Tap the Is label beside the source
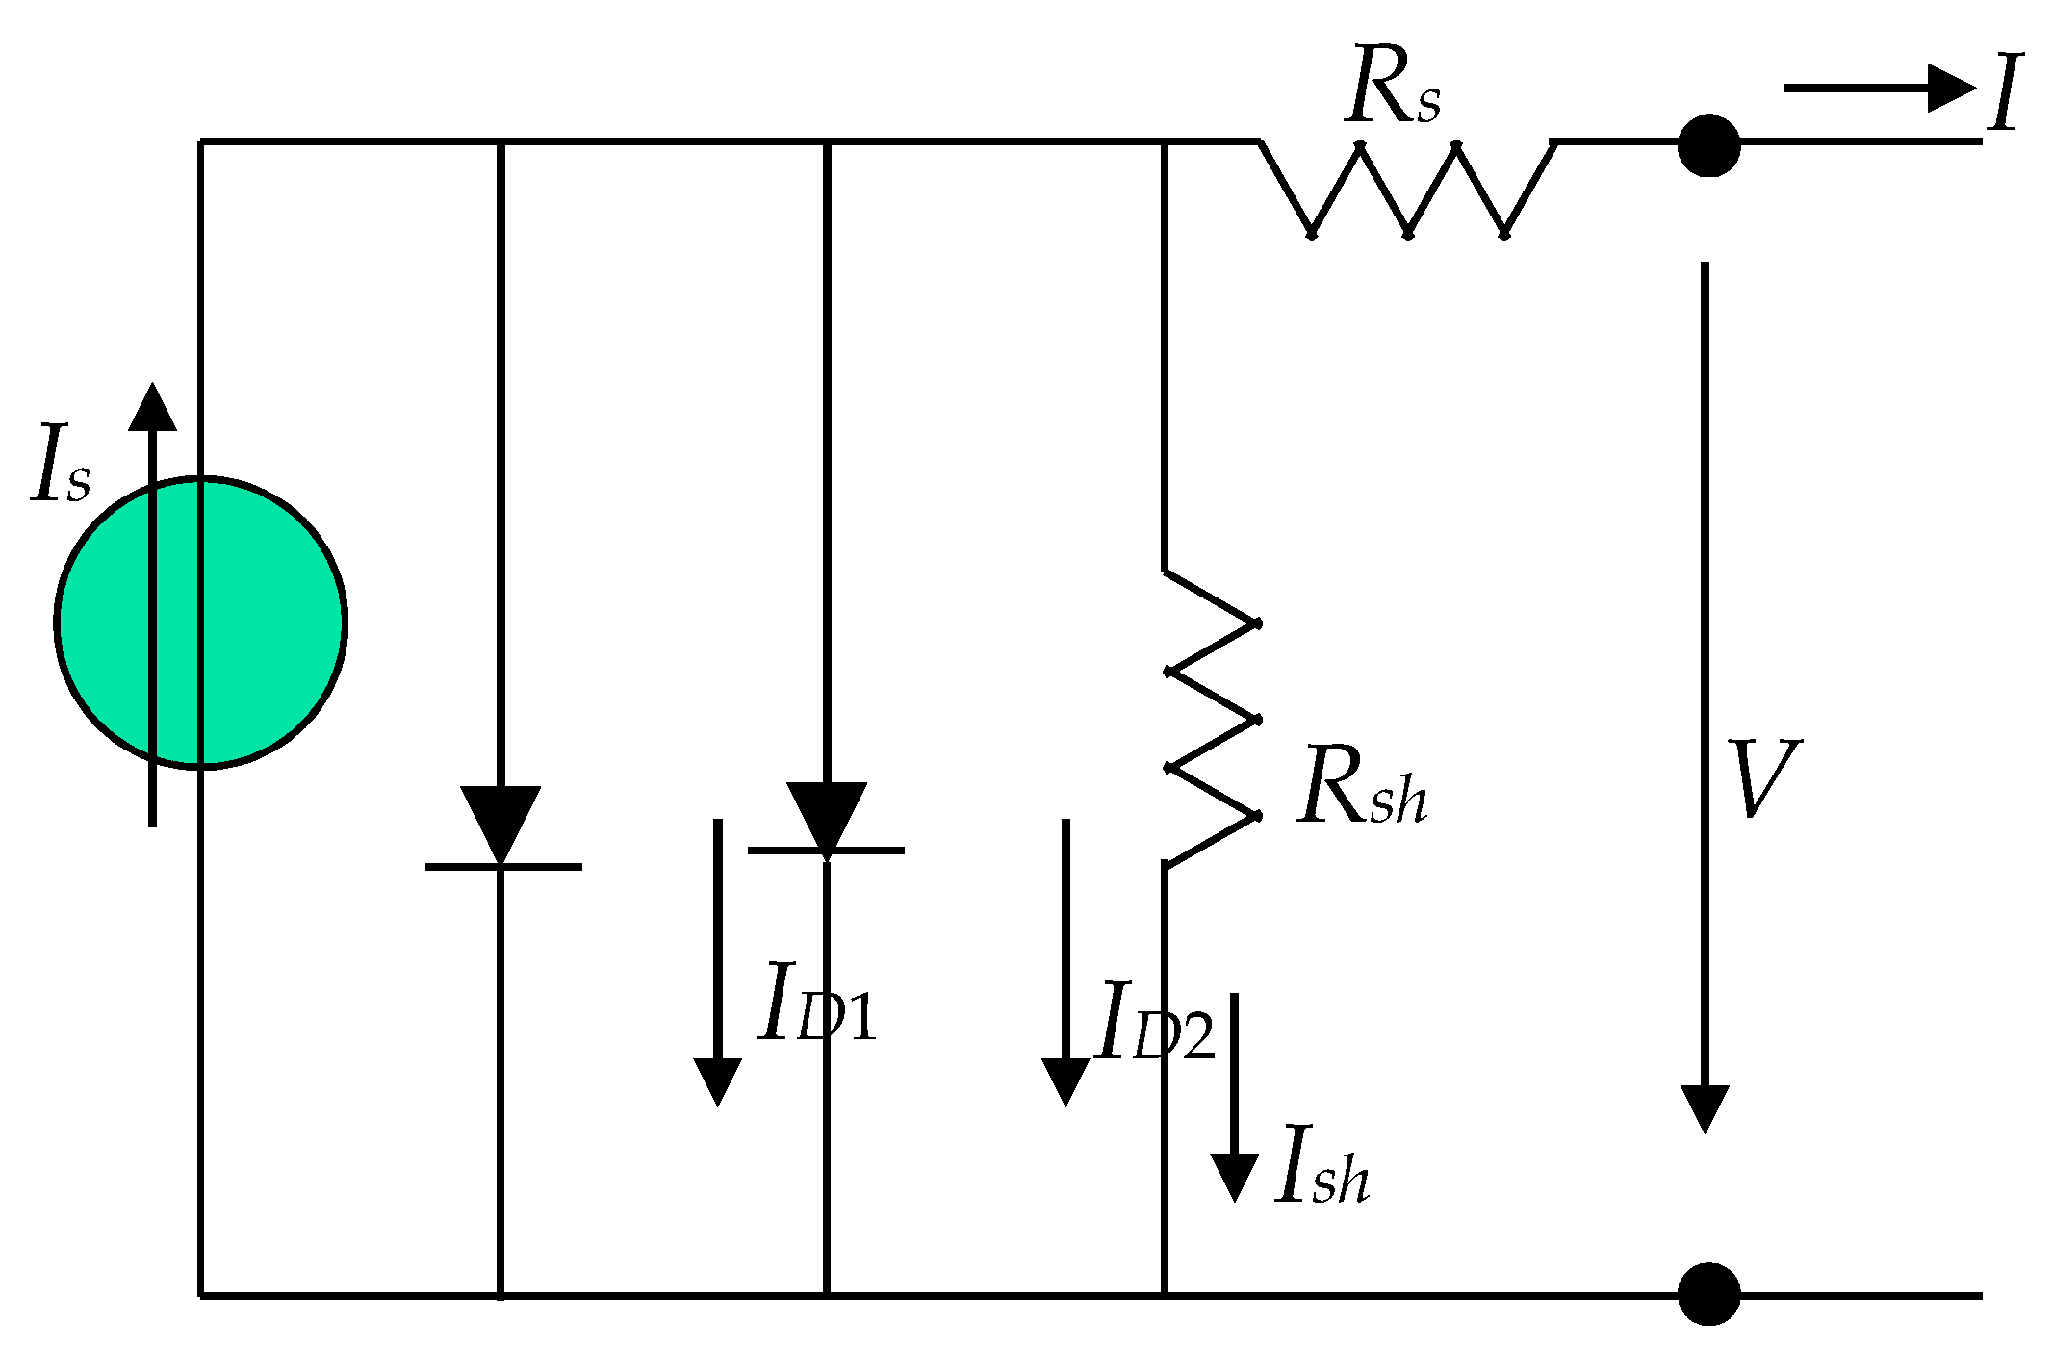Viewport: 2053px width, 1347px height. [x=61, y=466]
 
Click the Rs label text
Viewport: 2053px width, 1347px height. [x=1393, y=87]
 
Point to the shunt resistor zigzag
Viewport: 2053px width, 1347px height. [x=1211, y=720]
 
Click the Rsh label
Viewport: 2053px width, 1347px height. [x=1361, y=787]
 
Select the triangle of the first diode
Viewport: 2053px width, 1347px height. [x=500, y=820]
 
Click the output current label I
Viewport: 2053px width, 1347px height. [x=2005, y=93]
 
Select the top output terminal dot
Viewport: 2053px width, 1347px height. [x=1708, y=146]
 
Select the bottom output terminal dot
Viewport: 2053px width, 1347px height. [x=1708, y=1293]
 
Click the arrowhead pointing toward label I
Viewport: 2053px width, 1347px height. [x=1949, y=89]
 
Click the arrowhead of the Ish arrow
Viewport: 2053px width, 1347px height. [x=1234, y=1175]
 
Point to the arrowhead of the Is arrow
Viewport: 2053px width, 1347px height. [x=152, y=408]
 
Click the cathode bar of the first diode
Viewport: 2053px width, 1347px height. [x=503, y=867]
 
